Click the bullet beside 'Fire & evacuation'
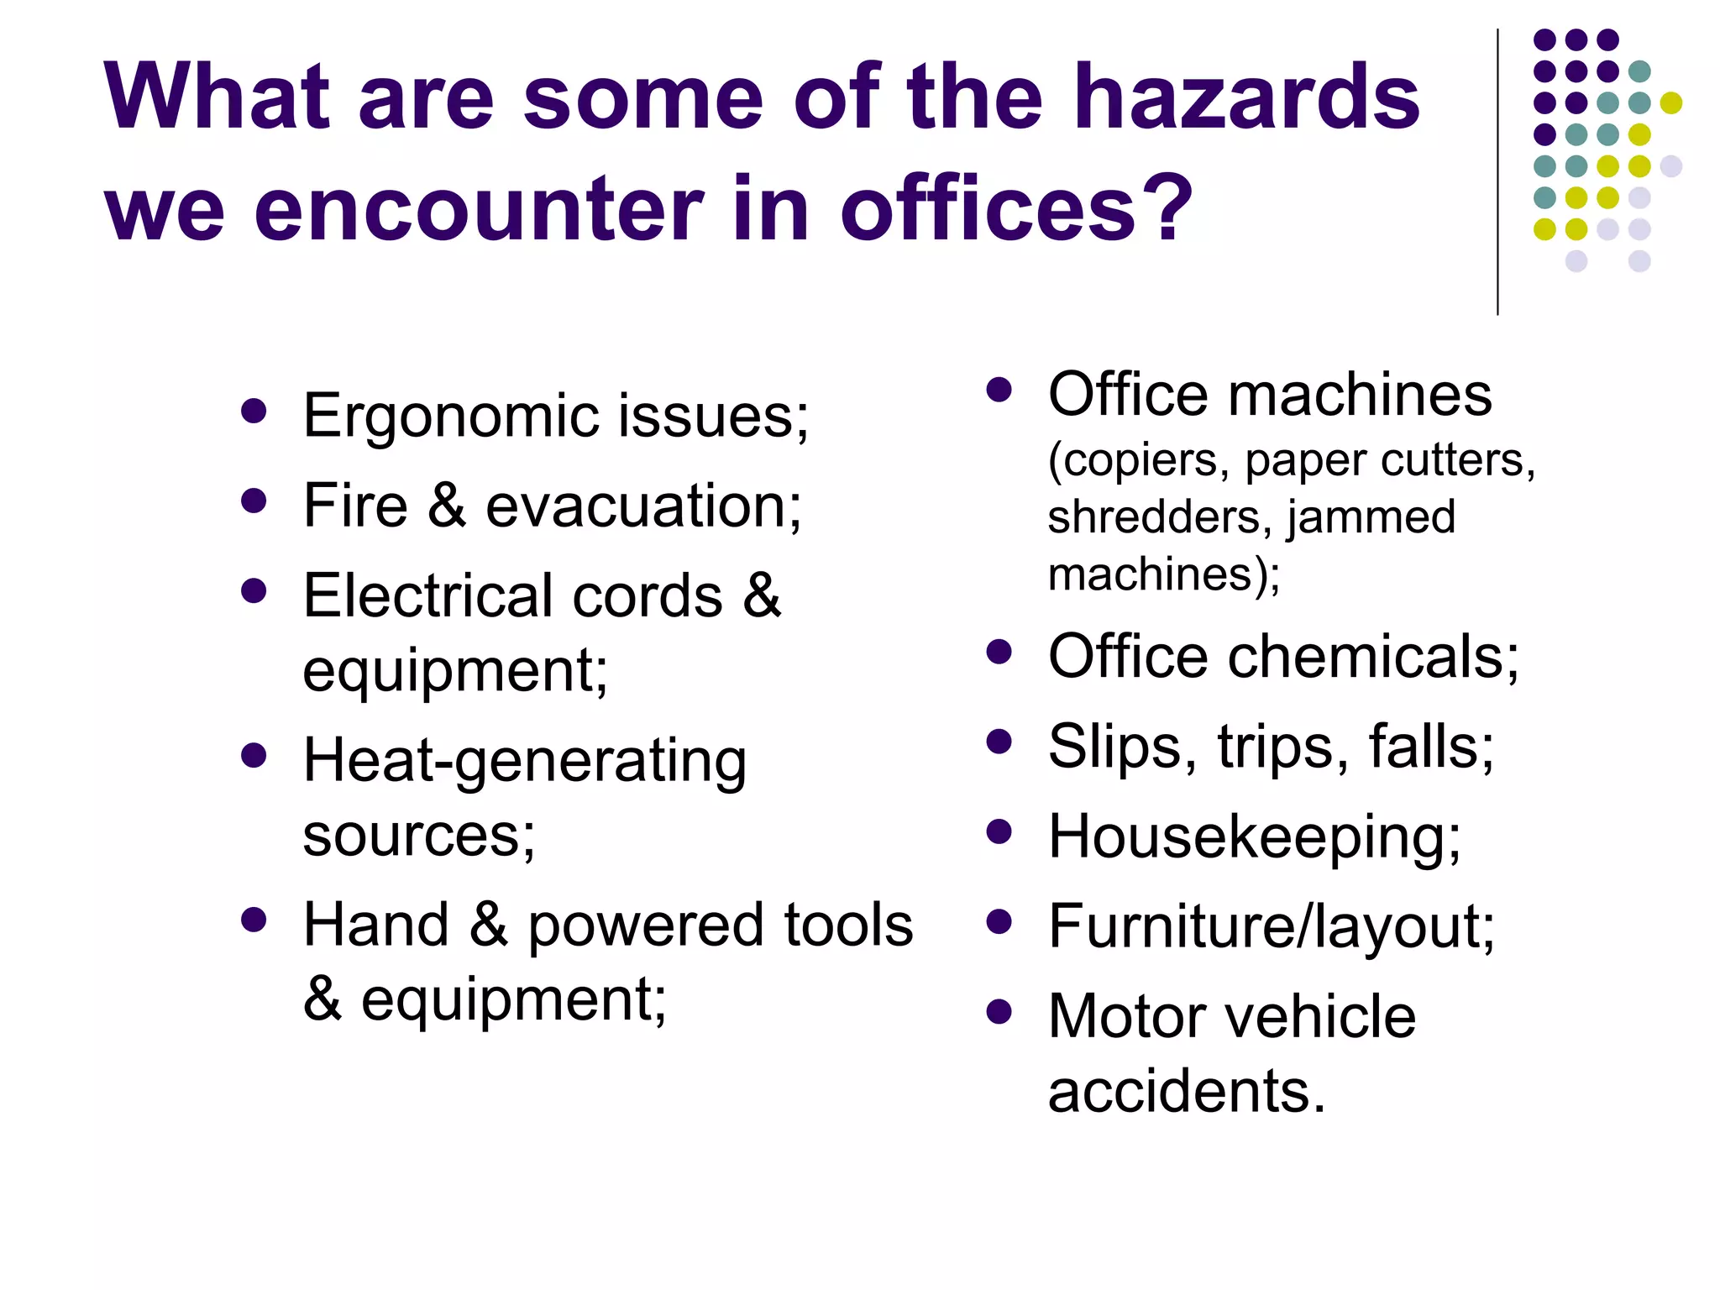253,501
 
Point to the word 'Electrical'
427,595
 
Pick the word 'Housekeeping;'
1255,837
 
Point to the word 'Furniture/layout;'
1272,926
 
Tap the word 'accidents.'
1187,1091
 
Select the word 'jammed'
1371,517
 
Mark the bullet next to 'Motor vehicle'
999,1012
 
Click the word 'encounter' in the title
479,207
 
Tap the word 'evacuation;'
643,506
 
